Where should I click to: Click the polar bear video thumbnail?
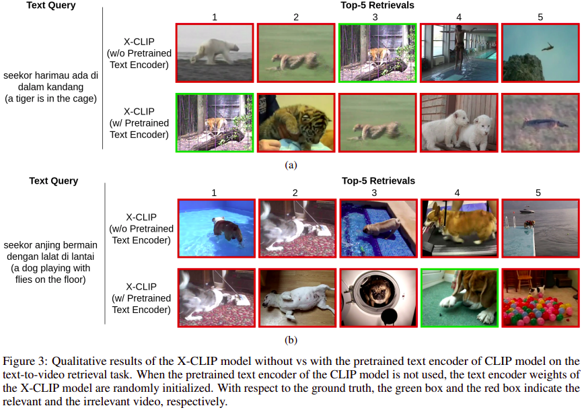(215, 53)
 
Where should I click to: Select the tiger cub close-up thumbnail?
(296, 123)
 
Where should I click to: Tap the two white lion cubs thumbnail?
(459, 123)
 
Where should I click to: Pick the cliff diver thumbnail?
(540, 53)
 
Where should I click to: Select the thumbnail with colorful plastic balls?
(540, 298)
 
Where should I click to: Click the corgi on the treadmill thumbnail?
(460, 228)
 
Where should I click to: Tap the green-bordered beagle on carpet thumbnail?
(460, 298)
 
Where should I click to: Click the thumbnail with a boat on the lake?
(540, 228)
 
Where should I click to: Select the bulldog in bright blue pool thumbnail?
(217, 228)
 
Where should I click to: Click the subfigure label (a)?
(291, 165)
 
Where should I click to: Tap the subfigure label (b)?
(291, 340)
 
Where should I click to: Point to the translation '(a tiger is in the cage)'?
(51, 98)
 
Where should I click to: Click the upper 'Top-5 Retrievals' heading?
(377, 5)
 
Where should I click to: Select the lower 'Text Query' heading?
(54, 181)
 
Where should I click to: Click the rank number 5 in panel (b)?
(538, 193)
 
